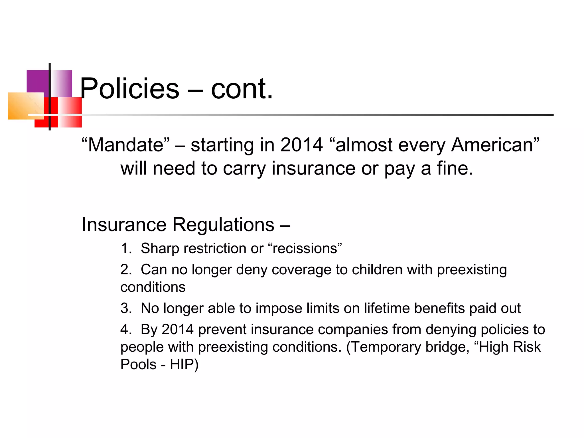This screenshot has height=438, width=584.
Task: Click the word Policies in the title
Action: pos(130,89)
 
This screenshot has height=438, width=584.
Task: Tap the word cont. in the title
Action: pos(242,89)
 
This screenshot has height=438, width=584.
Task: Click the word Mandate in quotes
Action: pos(125,145)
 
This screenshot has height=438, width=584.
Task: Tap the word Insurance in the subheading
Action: pos(124,225)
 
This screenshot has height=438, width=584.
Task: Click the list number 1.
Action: pos(125,248)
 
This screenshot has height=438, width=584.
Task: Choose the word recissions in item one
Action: pos(305,248)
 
